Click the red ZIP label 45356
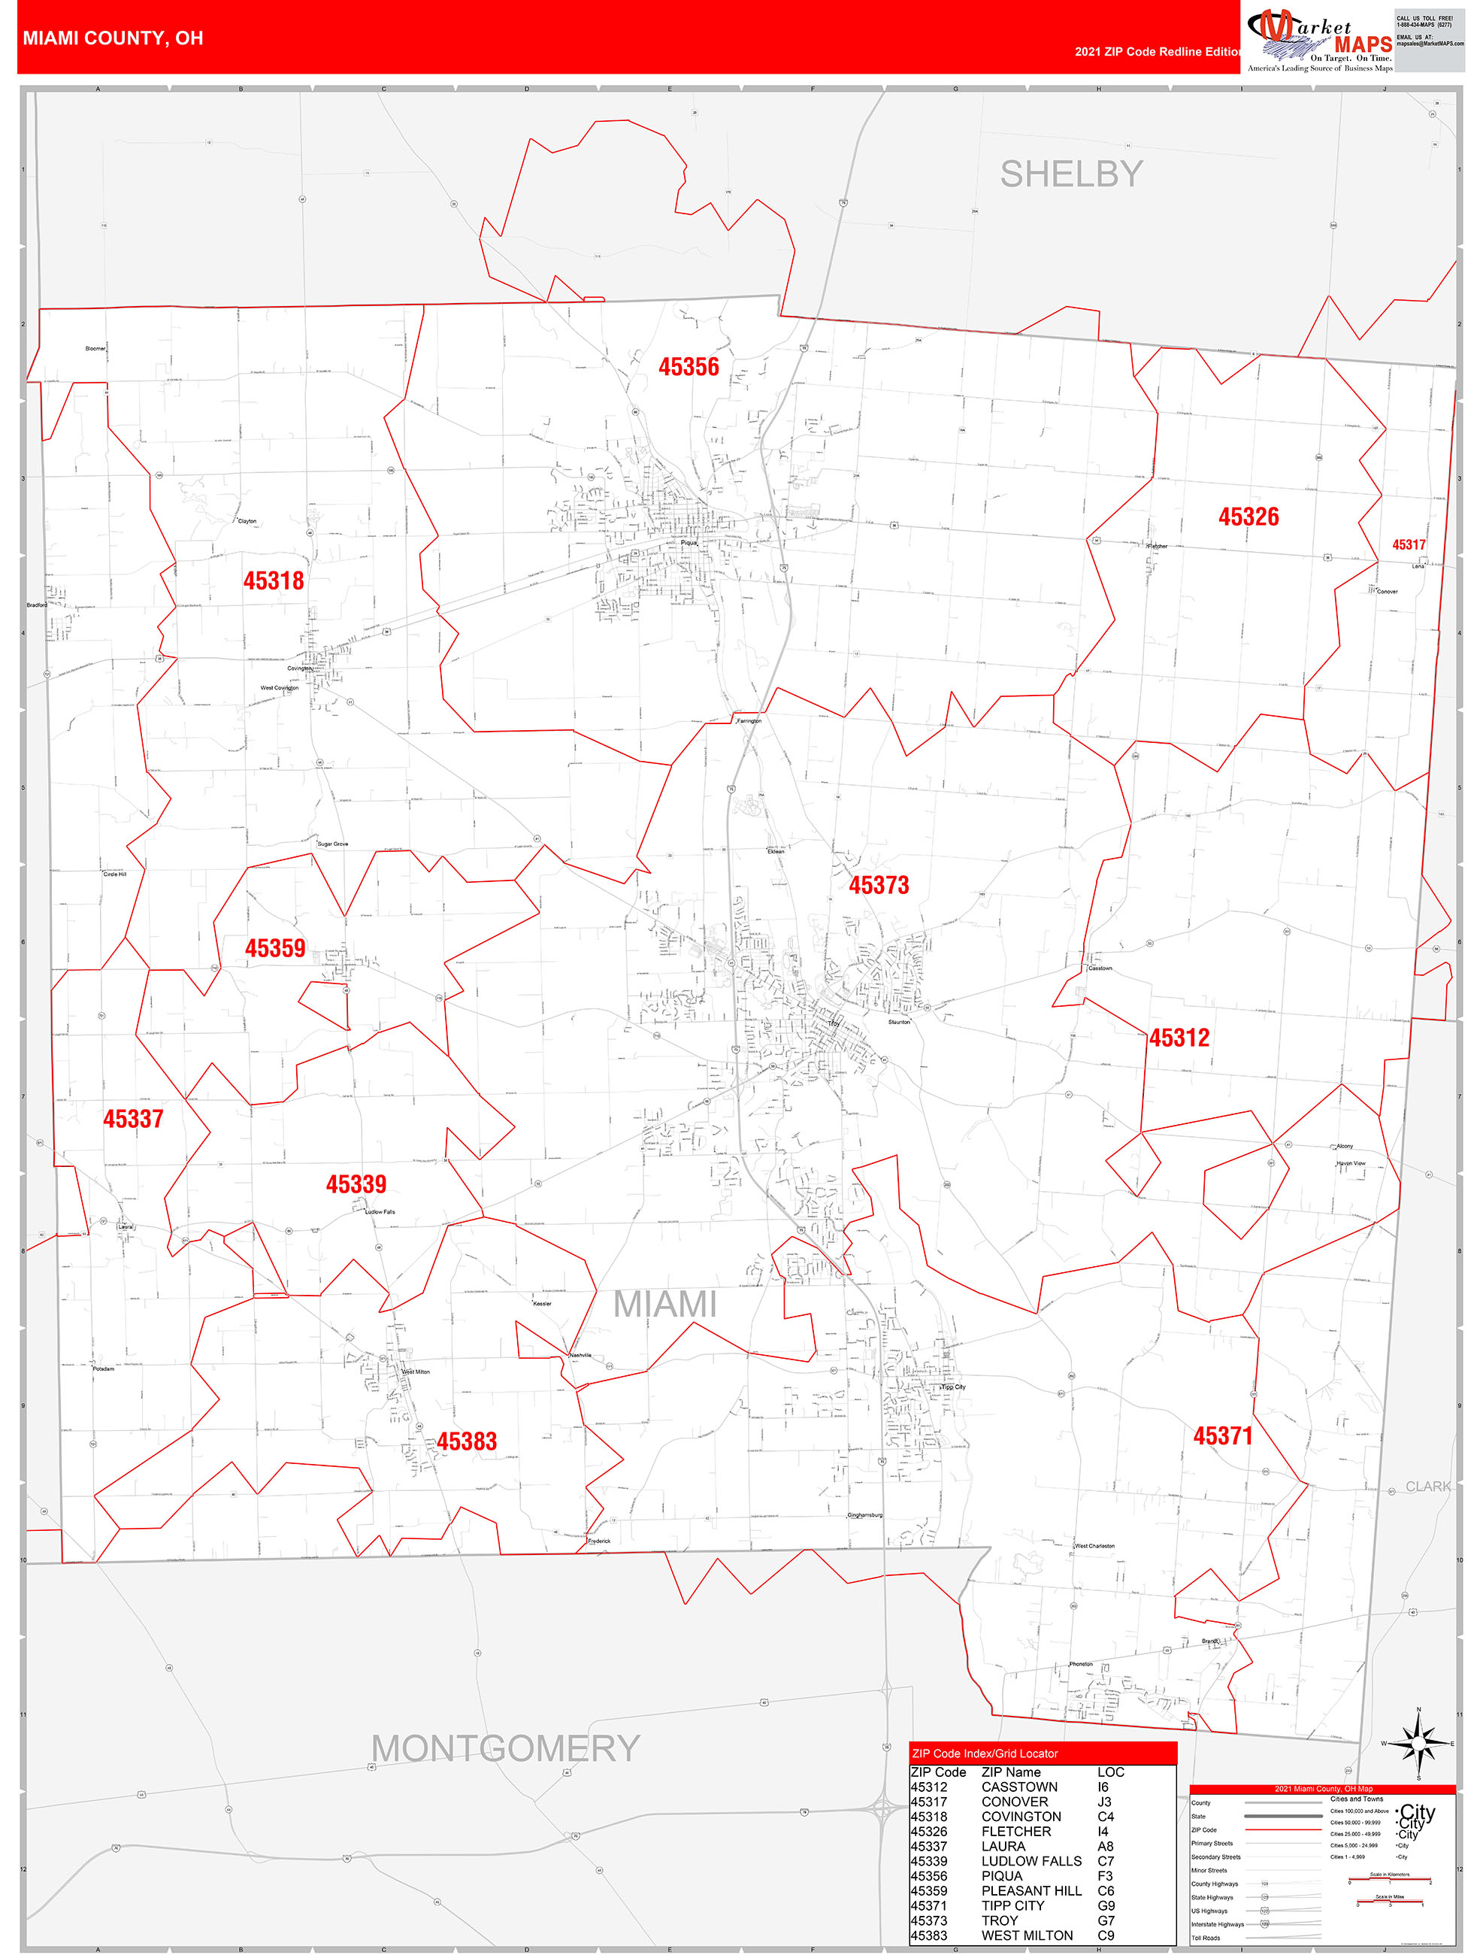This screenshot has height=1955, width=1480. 689,367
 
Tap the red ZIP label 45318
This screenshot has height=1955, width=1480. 273,580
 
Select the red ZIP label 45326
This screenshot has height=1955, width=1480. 1248,517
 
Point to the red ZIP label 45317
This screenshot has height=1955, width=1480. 1409,544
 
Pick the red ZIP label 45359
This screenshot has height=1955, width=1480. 275,948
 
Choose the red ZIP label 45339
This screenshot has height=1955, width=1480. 356,1184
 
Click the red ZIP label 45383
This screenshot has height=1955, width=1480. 467,1441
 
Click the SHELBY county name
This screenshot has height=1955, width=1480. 1071,174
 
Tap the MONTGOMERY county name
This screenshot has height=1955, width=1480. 504,1748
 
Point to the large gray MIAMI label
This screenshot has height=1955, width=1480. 664,1305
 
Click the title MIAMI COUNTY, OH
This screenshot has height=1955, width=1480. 113,38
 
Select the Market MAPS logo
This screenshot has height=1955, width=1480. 1318,40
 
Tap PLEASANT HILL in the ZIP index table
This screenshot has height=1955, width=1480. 1031,1890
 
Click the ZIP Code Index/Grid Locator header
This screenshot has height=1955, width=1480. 985,1753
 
